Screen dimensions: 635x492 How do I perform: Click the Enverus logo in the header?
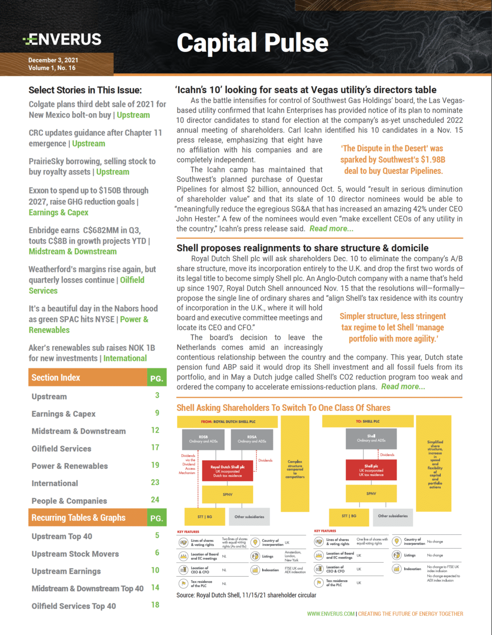coord(62,39)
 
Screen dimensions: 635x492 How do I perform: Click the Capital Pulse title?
coord(252,43)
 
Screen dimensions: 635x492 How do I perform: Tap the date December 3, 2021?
coord(53,60)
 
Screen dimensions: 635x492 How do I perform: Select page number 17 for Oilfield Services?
coord(156,447)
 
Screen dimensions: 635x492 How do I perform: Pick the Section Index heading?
coord(56,378)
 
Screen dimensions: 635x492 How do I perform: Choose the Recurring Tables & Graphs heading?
coord(78,518)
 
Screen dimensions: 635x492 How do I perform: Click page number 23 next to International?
coord(156,482)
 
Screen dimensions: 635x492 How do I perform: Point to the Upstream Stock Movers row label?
coord(75,554)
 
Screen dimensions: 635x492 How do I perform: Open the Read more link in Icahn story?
coord(331,229)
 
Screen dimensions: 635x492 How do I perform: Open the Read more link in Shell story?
coord(403,387)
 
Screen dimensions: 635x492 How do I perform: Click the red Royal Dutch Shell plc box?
coord(227,471)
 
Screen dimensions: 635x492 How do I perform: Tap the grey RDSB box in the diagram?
coord(203,439)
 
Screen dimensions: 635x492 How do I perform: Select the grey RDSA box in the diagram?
coord(252,439)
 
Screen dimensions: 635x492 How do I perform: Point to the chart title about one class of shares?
coord(283,408)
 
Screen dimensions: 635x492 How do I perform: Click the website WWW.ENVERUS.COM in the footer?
coord(331,614)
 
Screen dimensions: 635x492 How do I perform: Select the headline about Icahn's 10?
coord(306,90)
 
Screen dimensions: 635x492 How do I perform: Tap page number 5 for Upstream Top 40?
coord(157,535)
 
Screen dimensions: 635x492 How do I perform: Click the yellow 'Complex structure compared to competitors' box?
coord(295,470)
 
